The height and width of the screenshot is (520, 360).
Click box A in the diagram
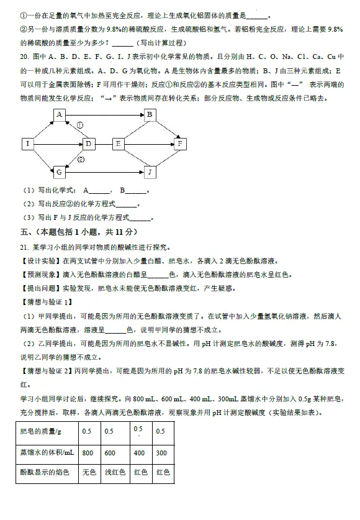(x=58, y=115)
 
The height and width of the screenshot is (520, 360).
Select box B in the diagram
(x=150, y=115)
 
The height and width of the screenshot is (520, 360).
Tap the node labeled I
(x=27, y=144)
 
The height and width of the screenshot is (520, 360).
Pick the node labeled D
(x=89, y=144)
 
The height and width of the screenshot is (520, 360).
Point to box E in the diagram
(x=119, y=144)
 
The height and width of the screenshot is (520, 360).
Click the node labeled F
(x=180, y=144)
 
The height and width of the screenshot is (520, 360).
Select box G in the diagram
(x=58, y=171)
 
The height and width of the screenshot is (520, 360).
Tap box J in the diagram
(x=150, y=171)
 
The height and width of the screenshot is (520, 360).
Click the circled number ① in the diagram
(x=80, y=126)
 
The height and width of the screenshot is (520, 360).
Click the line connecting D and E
(x=104, y=144)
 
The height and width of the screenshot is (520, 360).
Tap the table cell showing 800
(x=88, y=453)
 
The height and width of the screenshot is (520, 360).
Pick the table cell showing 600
(x=109, y=453)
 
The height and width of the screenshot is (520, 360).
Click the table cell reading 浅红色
(x=115, y=473)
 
